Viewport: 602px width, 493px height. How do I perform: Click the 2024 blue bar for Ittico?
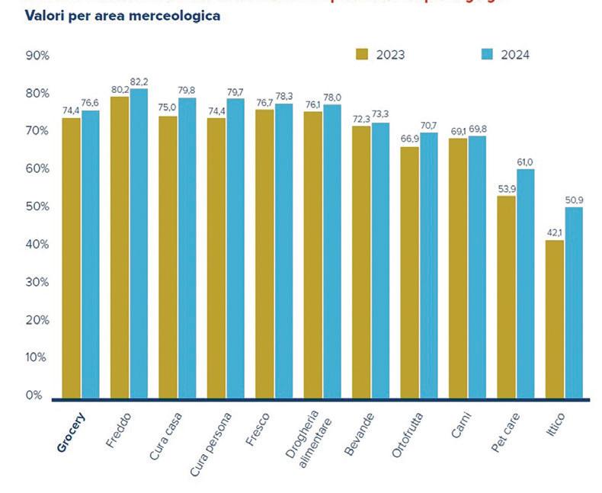[x=573, y=303]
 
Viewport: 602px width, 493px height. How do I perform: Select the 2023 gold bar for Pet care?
[x=506, y=297]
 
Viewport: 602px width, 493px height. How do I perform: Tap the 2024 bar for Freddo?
[x=139, y=244]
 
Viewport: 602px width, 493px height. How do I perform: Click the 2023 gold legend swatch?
[x=362, y=54]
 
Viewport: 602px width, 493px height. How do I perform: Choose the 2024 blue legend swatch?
[x=488, y=54]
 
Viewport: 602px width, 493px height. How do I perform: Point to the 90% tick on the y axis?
[x=37, y=56]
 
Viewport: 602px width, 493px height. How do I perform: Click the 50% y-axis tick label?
[x=37, y=206]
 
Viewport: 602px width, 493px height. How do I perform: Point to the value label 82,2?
[x=139, y=82]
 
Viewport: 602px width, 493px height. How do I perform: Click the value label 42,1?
[x=554, y=233]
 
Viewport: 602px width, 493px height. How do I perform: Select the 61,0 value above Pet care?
[x=526, y=162]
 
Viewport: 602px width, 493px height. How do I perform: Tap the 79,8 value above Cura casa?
[x=187, y=91]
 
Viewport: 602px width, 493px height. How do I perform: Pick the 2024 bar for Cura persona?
[x=235, y=248]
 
